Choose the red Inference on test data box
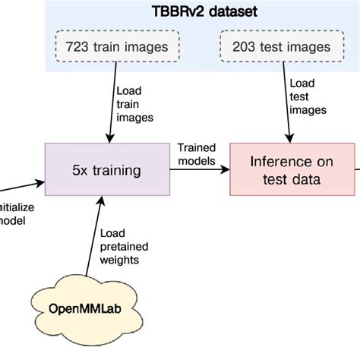coord(292,171)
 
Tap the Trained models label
coord(197,153)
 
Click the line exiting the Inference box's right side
coord(357,171)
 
